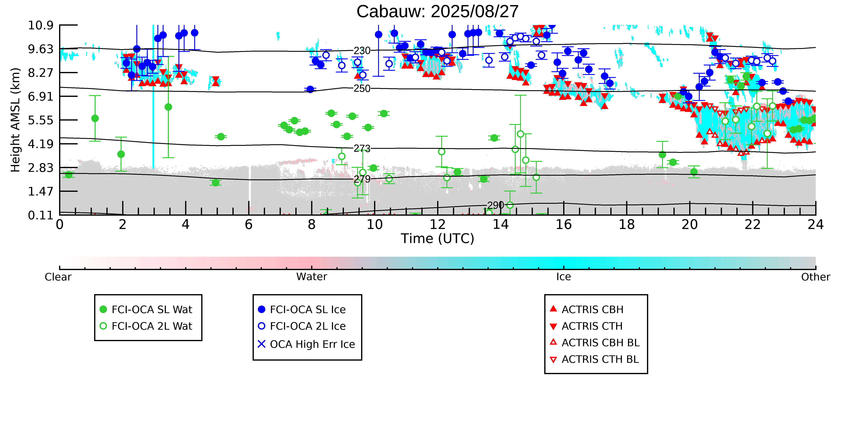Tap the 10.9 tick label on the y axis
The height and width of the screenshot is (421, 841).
[40, 25]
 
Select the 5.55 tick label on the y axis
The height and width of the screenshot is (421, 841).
[40, 120]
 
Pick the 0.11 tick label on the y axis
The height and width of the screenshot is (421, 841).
[40, 215]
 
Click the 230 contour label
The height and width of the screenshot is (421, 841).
[362, 51]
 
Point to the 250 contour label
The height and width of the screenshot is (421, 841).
[362, 89]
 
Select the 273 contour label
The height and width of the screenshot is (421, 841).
[362, 149]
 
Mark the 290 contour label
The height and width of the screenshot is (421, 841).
[495, 205]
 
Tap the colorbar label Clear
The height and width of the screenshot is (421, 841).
[58, 277]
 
